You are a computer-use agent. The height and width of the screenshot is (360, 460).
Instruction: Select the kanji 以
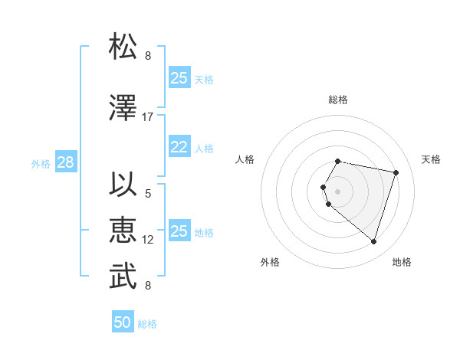[123, 185]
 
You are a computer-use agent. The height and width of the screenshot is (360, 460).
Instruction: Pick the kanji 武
[123, 277]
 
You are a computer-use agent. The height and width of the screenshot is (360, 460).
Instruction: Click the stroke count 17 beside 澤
[148, 117]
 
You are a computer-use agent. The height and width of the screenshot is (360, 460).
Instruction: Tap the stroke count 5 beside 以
[148, 194]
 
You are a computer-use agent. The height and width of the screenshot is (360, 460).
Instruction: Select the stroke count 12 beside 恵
[148, 240]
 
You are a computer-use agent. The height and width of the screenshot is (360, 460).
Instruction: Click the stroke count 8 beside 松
[148, 56]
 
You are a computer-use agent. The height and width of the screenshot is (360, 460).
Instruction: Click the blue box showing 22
[179, 148]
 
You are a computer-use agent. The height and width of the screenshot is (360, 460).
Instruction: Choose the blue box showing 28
[65, 163]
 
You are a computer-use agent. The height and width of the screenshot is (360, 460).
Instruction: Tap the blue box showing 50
[123, 322]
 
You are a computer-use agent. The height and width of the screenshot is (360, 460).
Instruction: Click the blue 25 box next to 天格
[179, 78]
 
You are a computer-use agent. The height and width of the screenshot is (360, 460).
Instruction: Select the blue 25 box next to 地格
[179, 232]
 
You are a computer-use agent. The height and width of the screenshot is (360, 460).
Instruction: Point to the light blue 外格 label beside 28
[40, 164]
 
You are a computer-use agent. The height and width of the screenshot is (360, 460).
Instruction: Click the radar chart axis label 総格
[338, 100]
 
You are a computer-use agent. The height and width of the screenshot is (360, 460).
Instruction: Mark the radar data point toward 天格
[396, 172]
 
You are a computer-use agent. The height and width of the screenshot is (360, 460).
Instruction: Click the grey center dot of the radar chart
[338, 191]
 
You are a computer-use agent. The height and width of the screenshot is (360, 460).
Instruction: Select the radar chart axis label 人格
[245, 159]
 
